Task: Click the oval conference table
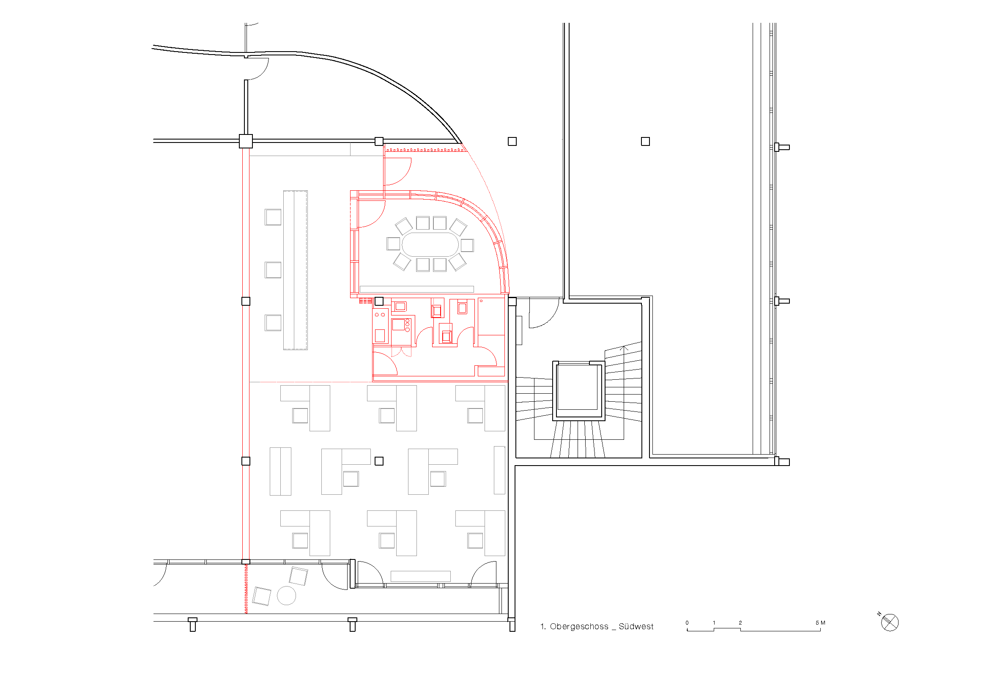[430, 244]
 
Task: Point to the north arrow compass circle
[890, 622]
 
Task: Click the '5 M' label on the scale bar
[820, 623]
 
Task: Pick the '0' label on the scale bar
[687, 623]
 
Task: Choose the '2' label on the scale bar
[740, 623]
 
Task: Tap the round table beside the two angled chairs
[286, 596]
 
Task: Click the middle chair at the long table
[273, 270]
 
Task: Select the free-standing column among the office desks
[379, 461]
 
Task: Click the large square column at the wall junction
[246, 141]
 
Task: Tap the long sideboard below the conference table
[416, 289]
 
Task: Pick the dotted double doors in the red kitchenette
[401, 352]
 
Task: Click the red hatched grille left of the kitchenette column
[365, 301]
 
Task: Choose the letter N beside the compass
[879, 614]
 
